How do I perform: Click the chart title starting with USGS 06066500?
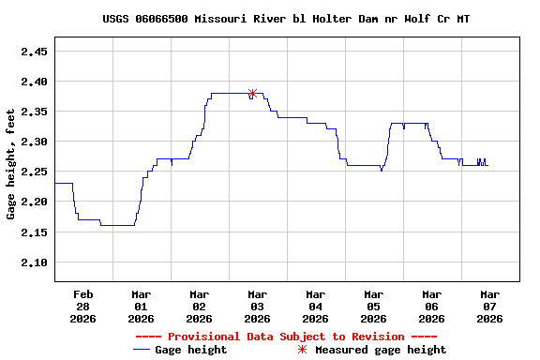point(286,19)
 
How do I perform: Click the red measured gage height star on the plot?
point(252,93)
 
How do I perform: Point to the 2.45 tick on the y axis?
point(34,52)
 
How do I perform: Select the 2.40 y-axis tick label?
point(34,82)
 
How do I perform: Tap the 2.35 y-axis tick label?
point(34,112)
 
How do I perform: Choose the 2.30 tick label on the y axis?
point(34,142)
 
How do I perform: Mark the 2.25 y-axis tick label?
point(34,172)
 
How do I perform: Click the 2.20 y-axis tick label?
point(34,202)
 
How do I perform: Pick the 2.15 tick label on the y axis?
point(34,232)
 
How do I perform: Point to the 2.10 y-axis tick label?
point(34,262)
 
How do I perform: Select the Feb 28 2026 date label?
point(82,306)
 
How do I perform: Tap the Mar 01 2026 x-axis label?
point(141,306)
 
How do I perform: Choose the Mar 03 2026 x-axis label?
point(257,306)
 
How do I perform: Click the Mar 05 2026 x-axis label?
point(373,306)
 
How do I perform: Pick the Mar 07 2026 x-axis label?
point(489,306)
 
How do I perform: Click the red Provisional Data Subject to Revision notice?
point(286,336)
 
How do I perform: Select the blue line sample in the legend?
point(142,350)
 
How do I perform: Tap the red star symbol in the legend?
point(302,350)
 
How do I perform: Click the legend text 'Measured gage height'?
point(381,350)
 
